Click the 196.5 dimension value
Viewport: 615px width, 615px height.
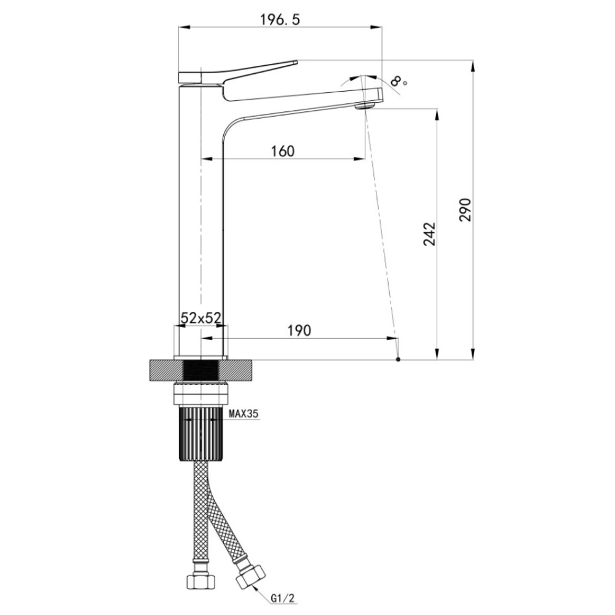click(x=280, y=19)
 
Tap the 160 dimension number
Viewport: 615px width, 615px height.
click(x=283, y=151)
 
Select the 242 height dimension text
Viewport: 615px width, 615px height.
click(x=429, y=234)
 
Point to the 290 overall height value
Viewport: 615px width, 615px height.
click(x=466, y=210)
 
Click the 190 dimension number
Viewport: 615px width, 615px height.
click(x=300, y=331)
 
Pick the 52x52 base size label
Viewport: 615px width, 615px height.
click(x=201, y=318)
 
